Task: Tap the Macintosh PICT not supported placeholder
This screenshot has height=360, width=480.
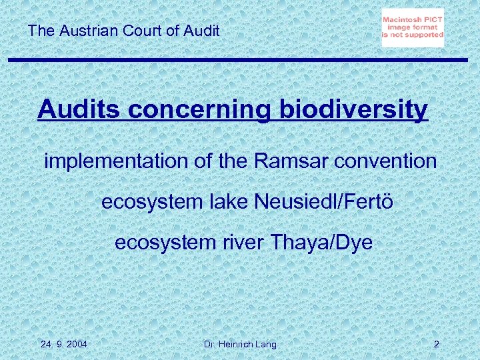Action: pos(413,28)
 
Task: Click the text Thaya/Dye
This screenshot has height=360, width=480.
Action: pos(321,242)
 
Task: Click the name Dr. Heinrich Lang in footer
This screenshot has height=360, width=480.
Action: pos(239,344)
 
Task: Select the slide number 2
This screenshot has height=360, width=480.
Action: pos(436,344)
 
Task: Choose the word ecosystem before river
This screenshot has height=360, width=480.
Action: pos(161,242)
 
